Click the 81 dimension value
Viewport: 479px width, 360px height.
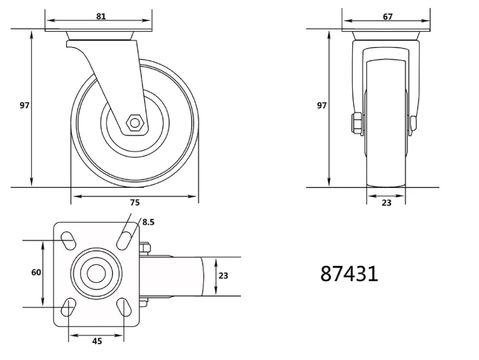click(101, 16)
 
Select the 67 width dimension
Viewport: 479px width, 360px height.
click(388, 17)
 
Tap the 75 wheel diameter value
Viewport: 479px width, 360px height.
click(135, 202)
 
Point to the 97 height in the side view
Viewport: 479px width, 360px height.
click(24, 105)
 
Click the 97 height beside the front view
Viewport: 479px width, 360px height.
click(322, 106)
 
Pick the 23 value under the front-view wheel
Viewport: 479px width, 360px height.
click(387, 202)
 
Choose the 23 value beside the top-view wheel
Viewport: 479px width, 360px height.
click(223, 276)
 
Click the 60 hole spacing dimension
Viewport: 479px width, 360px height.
click(36, 272)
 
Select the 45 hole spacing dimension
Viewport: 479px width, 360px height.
click(97, 341)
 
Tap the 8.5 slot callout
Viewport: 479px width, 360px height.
click(148, 222)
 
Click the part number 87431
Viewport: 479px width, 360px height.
click(349, 273)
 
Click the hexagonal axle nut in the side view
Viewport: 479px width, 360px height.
click(134, 123)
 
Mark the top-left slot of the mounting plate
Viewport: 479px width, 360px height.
click(68, 241)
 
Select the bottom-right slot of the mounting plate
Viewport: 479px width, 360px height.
click(124, 307)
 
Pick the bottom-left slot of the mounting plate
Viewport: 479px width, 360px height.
click(68, 307)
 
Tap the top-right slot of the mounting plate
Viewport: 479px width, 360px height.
click(124, 241)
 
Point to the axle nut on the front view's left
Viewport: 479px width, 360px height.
click(357, 123)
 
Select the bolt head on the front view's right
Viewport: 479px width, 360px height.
click(413, 125)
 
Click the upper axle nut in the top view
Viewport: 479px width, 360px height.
click(145, 248)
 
